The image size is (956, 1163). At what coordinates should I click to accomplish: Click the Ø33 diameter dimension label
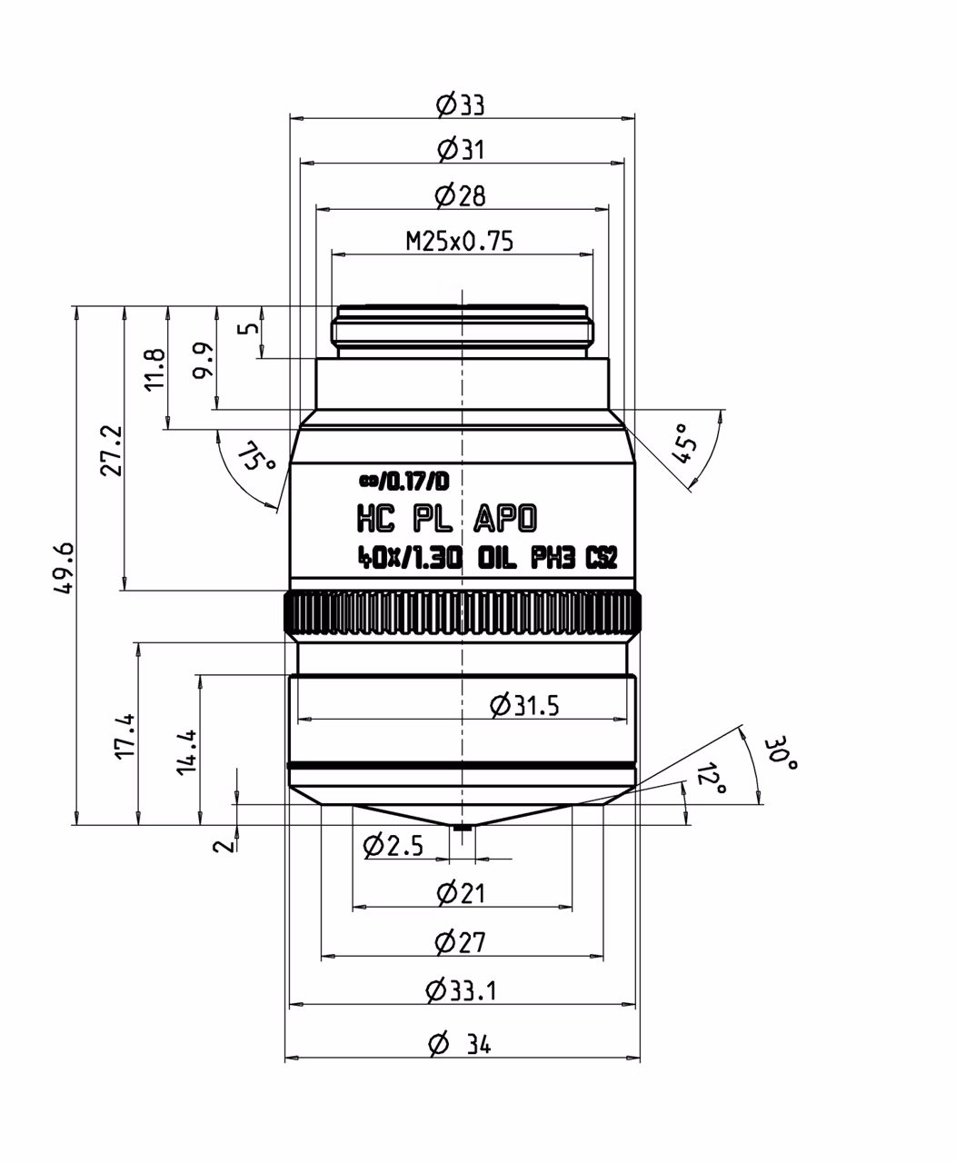pos(460,104)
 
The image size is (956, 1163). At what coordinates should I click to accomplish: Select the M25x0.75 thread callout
pos(460,241)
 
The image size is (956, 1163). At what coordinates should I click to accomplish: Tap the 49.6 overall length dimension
pos(65,568)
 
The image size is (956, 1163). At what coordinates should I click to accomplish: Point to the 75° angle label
pos(256,456)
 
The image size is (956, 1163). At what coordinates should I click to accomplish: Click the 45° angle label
pos(683,443)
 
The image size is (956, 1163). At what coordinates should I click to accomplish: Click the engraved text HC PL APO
pos(447,519)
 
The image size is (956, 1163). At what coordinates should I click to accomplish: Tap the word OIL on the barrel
pos(497,558)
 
